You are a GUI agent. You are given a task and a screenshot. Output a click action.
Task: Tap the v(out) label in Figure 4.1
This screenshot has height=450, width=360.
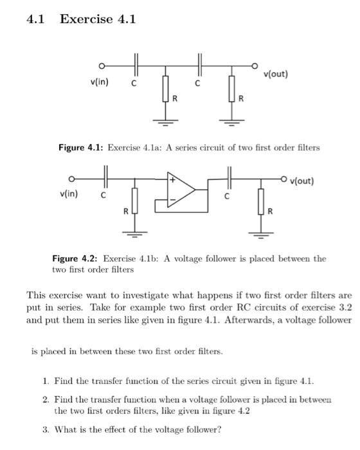(x=276, y=74)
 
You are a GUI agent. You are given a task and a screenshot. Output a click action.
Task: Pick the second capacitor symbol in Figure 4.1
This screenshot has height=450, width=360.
(x=201, y=66)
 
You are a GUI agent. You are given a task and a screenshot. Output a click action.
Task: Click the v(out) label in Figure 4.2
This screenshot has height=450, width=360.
(x=301, y=181)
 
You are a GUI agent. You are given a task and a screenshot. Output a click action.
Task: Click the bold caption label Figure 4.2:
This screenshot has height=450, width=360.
(x=73, y=258)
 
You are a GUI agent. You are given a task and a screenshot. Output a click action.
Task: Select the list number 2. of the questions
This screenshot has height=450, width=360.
(x=46, y=400)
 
